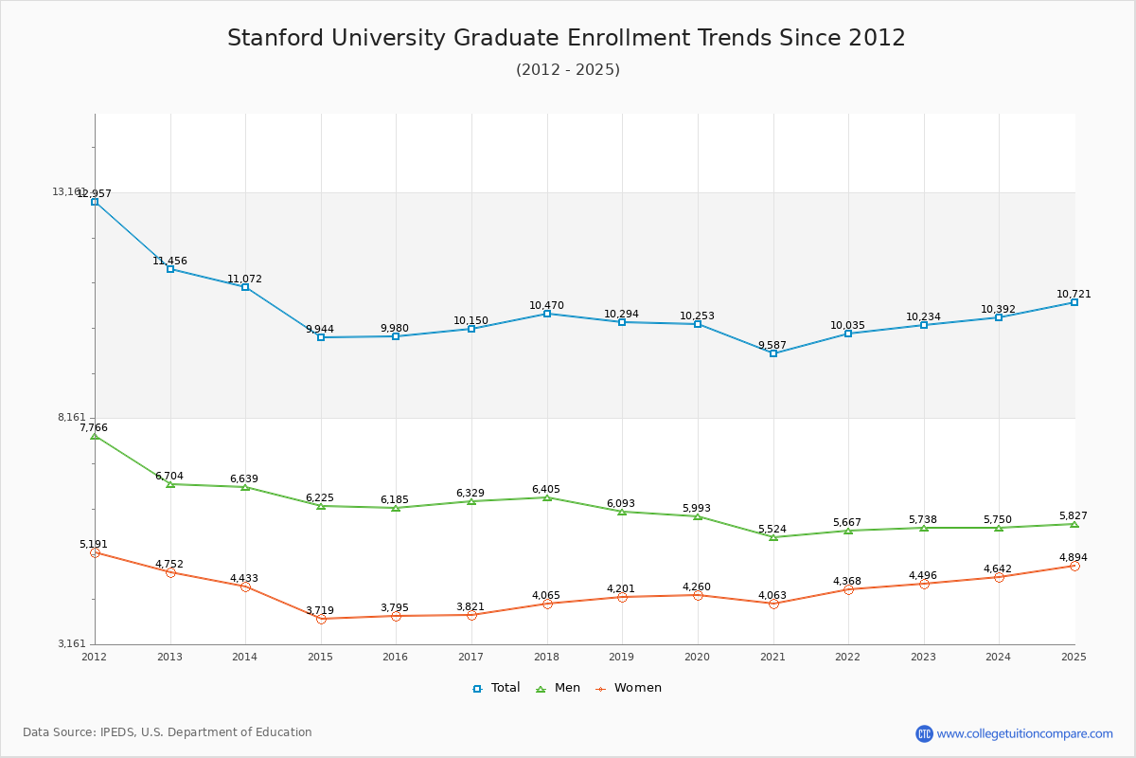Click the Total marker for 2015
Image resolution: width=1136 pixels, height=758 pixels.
pyautogui.click(x=321, y=337)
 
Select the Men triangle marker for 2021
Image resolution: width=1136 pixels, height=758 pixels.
pyautogui.click(x=773, y=537)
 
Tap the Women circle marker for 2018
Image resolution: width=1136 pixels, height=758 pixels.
pyautogui.click(x=547, y=604)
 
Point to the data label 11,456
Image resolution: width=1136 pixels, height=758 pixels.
pyautogui.click(x=169, y=261)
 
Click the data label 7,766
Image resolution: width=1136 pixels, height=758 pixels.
pyautogui.click(x=94, y=427)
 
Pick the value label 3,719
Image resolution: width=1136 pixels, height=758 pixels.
pyautogui.click(x=320, y=610)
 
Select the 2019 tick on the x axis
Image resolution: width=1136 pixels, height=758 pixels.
pyautogui.click(x=622, y=657)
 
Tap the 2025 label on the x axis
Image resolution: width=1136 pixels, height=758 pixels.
pyautogui.click(x=1074, y=657)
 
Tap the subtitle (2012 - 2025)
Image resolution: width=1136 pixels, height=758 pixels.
pyautogui.click(x=568, y=69)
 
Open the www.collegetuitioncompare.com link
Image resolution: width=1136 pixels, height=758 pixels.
pyautogui.click(x=1024, y=733)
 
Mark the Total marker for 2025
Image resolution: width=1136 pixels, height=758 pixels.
pyautogui.click(x=1074, y=302)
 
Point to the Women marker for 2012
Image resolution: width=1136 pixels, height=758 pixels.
pyautogui.click(x=95, y=552)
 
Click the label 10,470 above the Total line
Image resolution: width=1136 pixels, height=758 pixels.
pyautogui.click(x=546, y=305)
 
